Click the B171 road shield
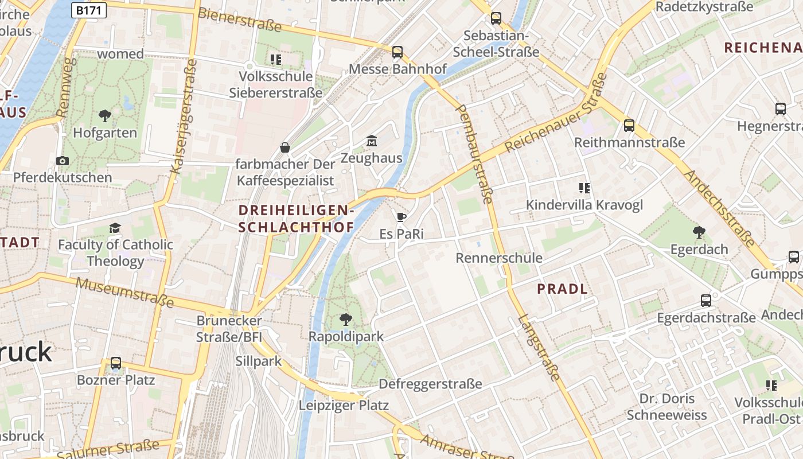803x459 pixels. [x=89, y=10]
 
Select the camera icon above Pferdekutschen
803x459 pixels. [x=63, y=161]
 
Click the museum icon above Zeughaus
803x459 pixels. [x=371, y=141]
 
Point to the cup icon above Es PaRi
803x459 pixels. [x=401, y=217]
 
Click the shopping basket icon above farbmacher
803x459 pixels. [x=284, y=148]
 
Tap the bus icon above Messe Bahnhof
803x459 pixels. [x=397, y=52]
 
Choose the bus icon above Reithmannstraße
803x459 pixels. [x=629, y=126]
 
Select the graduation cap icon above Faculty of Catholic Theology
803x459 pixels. [x=115, y=228]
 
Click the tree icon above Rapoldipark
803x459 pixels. [x=345, y=319]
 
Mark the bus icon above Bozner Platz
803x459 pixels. [x=116, y=363]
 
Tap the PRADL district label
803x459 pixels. [x=562, y=289]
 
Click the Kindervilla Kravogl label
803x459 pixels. [x=584, y=205]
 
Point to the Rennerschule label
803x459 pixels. [x=499, y=258]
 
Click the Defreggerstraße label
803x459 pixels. [x=430, y=384]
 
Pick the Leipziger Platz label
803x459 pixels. [x=344, y=406]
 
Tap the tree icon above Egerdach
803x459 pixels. [x=699, y=232]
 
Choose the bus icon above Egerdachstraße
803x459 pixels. [x=706, y=301]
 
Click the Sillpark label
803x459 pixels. [x=259, y=361]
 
